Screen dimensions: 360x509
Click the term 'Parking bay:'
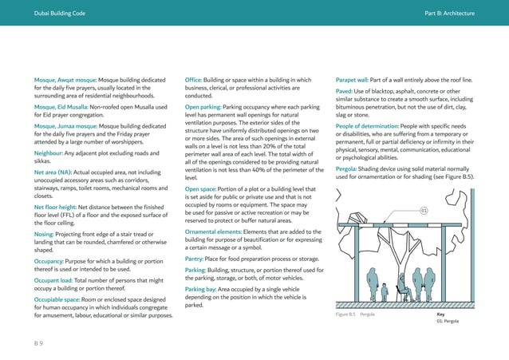point(203,290)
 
